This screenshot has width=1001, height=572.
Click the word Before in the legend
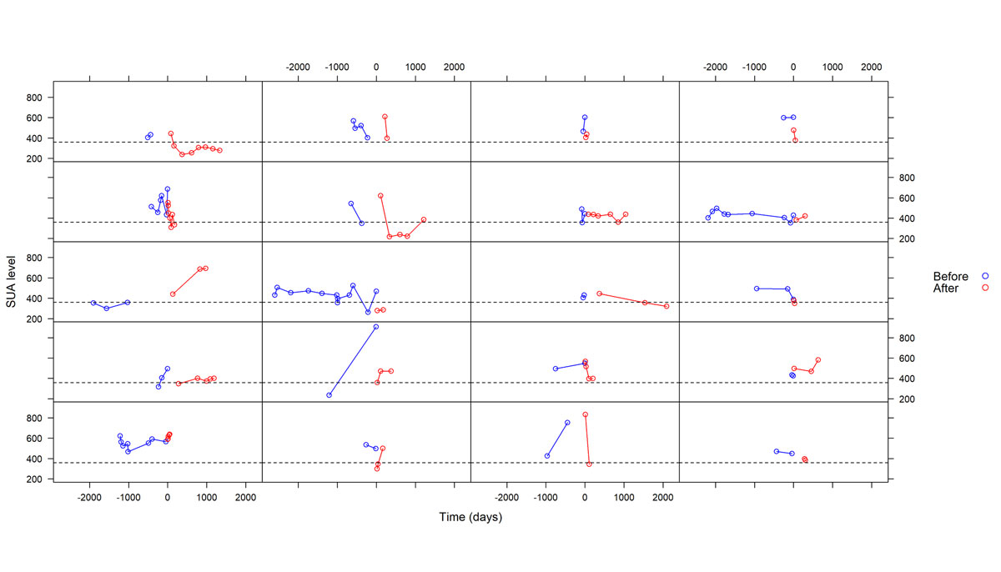click(x=950, y=276)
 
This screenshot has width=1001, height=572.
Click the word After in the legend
click(x=947, y=289)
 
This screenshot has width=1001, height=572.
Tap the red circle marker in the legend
click(x=985, y=289)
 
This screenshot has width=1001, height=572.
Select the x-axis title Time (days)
click(x=470, y=518)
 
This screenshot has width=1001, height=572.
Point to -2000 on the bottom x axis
click(x=89, y=498)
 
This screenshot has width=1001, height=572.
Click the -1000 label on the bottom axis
click(x=128, y=498)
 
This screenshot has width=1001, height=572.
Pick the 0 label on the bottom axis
click(x=168, y=498)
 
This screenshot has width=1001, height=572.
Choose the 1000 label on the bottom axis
click(x=206, y=498)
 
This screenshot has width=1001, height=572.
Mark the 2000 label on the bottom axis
click(x=245, y=498)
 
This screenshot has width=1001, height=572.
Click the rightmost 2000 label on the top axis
click(x=871, y=67)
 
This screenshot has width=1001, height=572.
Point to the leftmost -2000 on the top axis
click(x=298, y=67)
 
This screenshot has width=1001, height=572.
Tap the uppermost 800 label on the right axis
click(x=907, y=178)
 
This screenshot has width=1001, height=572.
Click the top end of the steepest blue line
click(x=376, y=327)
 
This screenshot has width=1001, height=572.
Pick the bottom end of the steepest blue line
click(x=329, y=395)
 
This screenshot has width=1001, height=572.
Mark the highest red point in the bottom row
click(x=586, y=414)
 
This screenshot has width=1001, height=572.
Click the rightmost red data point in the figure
click(x=666, y=306)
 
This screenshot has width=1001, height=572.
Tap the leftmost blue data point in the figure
click(x=93, y=303)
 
